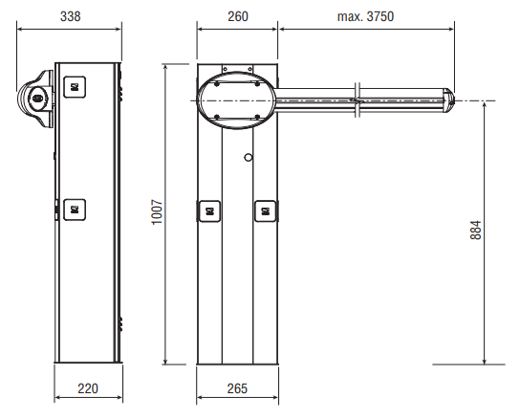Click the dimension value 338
[x=71, y=16]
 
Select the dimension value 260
[x=238, y=16]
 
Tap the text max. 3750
[x=365, y=16]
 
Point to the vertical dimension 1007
[x=157, y=211]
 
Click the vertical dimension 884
[x=476, y=230]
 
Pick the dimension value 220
[x=88, y=388]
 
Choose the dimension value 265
[x=237, y=388]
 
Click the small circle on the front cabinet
[x=249, y=157]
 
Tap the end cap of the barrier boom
[x=449, y=100]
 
